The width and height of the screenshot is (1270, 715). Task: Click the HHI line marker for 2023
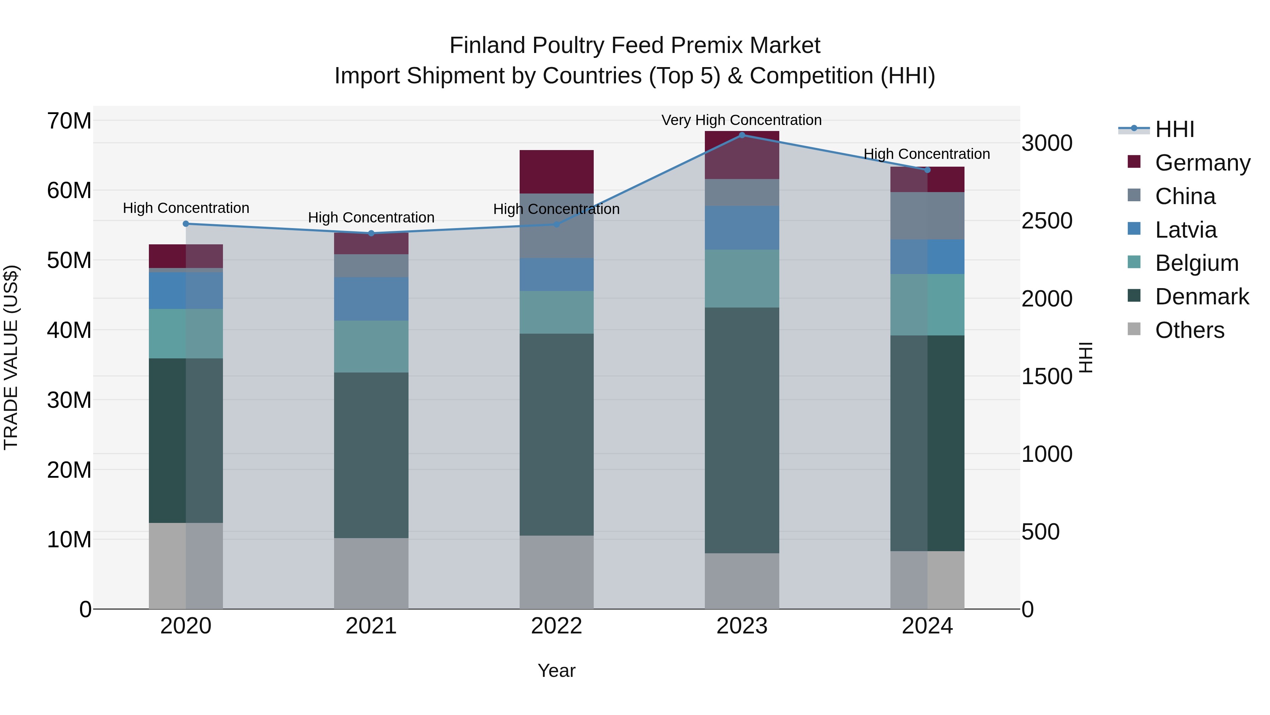(x=742, y=135)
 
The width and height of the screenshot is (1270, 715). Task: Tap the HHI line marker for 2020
(x=186, y=224)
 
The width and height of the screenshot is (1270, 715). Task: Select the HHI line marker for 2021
(x=371, y=233)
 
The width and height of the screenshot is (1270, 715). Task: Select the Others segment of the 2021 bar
(x=371, y=573)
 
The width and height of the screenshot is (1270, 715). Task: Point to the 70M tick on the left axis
(x=69, y=121)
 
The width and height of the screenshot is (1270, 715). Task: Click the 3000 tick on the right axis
(x=1047, y=143)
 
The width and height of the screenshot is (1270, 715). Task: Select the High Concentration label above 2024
(x=926, y=154)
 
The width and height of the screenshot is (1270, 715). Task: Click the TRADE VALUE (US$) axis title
(x=11, y=357)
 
